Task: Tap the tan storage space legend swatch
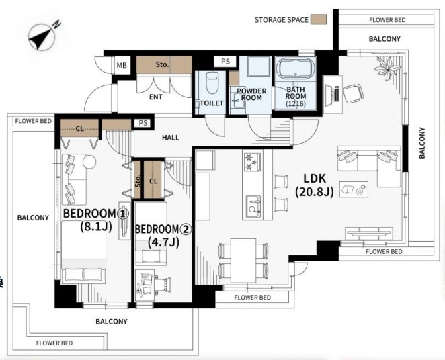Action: click(319, 19)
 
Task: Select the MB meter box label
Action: click(122, 65)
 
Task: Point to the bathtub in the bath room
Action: click(296, 69)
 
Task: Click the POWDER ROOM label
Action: click(251, 95)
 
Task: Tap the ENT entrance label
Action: click(156, 97)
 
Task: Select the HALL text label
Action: click(171, 138)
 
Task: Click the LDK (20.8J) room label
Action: click(315, 185)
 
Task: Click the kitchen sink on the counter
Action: click(253, 206)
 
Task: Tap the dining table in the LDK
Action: click(243, 261)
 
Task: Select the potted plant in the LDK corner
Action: click(387, 68)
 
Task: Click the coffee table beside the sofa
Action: click(354, 189)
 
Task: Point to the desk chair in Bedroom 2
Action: click(163, 284)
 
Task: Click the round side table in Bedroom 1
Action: click(89, 162)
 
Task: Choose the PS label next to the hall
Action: click(143, 123)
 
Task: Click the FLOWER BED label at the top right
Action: click(387, 20)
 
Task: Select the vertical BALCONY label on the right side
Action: click(422, 143)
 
